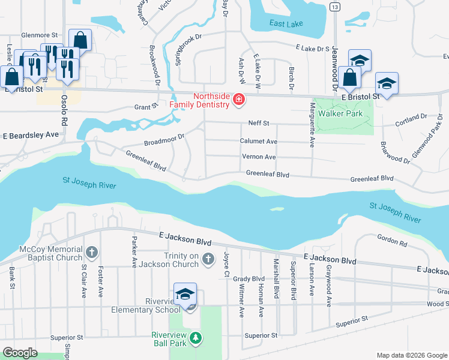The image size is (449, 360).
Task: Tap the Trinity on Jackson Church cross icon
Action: pos(208,259)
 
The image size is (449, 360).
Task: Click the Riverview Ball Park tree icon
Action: pos(195,339)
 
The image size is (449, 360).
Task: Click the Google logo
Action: pos(20,353)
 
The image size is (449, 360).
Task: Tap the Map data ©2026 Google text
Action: pos(411,355)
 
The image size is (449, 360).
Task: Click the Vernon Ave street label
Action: pos(259,157)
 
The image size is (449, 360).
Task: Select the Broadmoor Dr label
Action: pos(163,140)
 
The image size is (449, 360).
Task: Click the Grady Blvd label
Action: pos(249,278)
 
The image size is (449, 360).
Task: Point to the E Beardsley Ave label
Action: pos(31,135)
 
